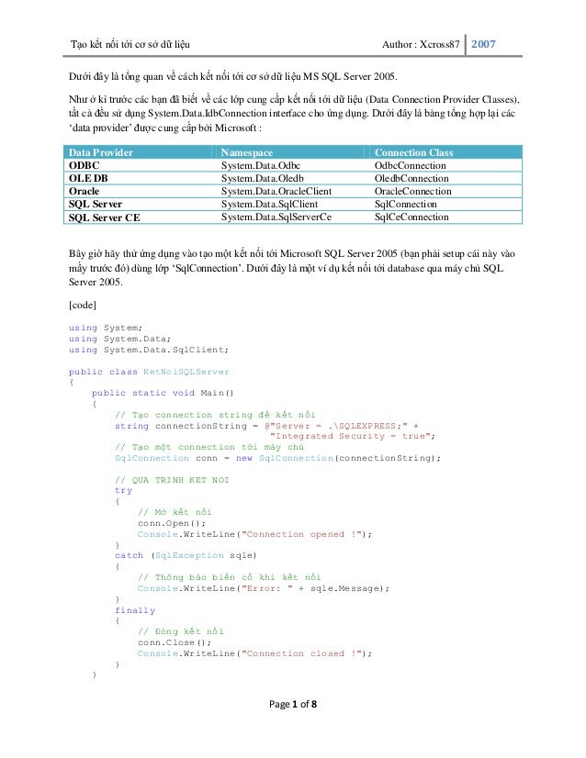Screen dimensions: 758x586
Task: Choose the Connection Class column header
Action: (414, 152)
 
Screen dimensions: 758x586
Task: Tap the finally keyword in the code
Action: (135, 609)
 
